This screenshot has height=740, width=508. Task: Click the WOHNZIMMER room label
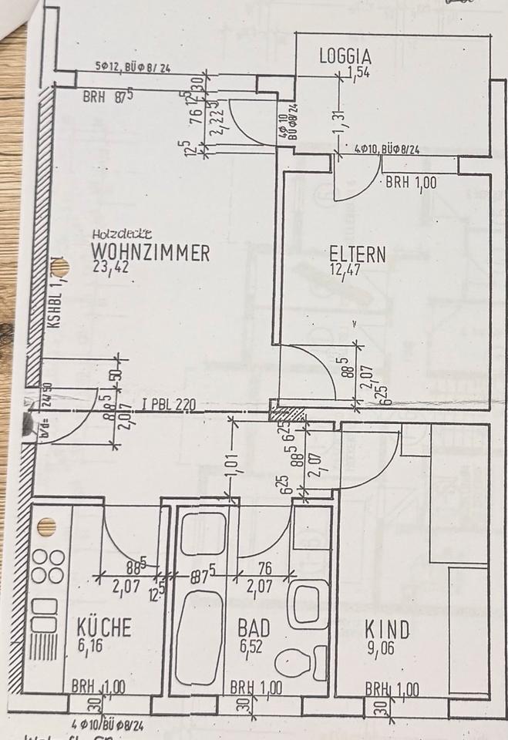tap(150, 253)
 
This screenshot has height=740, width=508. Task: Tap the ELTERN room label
tap(357, 254)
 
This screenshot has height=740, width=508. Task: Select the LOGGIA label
tap(346, 56)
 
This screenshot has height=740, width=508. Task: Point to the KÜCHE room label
tap(103, 627)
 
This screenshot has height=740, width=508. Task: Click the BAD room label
tap(254, 628)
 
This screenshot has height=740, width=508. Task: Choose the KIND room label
tap(387, 630)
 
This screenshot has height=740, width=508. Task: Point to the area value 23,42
tap(107, 270)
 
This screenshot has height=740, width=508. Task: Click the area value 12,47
tap(345, 271)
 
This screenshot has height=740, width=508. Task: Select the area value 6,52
tap(251, 647)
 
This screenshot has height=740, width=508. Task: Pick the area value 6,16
tap(89, 646)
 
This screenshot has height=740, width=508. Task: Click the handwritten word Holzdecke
tap(121, 233)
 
